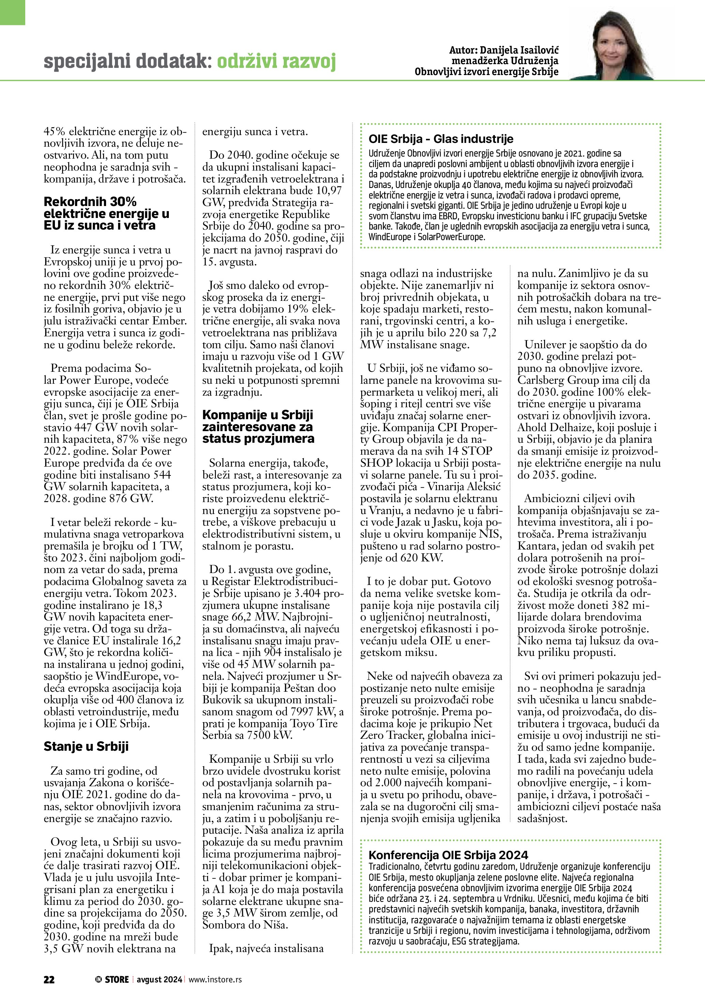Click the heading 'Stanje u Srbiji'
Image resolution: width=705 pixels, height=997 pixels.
(x=86, y=746)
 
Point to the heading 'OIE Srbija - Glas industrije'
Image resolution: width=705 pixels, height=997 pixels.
(x=441, y=139)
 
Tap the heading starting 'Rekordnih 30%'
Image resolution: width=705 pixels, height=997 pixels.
(x=107, y=213)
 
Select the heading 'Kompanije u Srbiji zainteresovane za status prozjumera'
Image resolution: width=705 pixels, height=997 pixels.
(x=258, y=426)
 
